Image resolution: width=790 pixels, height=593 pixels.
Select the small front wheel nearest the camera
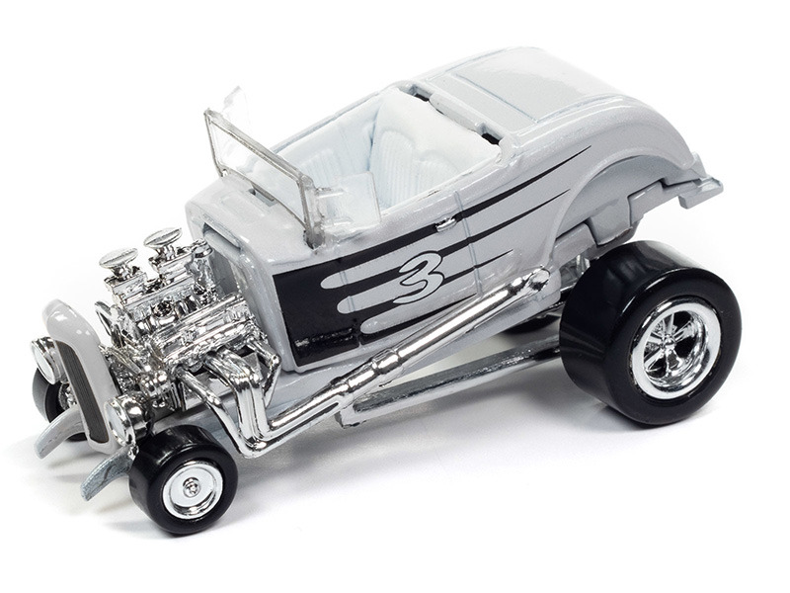tap(183, 479)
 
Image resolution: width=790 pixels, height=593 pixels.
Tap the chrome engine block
tap(166, 312)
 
